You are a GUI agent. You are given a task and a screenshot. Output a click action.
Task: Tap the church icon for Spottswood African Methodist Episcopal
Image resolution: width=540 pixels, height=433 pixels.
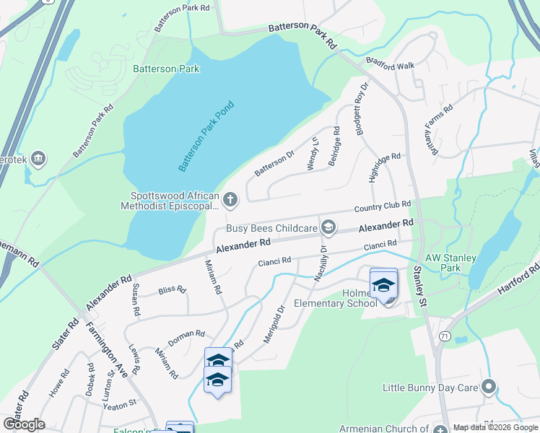pyautogui.click(x=230, y=198)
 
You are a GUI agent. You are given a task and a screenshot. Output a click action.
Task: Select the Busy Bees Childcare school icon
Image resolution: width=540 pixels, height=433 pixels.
pyautogui.click(x=328, y=228)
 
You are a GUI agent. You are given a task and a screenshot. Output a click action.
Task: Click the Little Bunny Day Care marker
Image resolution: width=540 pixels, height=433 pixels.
pyautogui.click(x=489, y=388)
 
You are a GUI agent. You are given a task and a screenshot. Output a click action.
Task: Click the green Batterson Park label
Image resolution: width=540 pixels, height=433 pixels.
pyautogui.click(x=166, y=69)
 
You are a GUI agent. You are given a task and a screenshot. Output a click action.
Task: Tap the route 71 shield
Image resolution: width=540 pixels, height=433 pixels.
pyautogui.click(x=445, y=337)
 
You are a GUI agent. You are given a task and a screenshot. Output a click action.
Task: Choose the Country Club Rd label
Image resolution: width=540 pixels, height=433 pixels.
pyautogui.click(x=383, y=207)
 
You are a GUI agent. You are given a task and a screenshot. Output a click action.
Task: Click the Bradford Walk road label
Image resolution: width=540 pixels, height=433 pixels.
pyautogui.click(x=390, y=65)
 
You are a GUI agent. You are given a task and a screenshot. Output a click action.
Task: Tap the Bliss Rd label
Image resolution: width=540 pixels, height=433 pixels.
pyautogui.click(x=172, y=290)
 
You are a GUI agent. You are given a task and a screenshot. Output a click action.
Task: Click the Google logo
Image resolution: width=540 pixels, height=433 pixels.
pyautogui.click(x=24, y=424)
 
